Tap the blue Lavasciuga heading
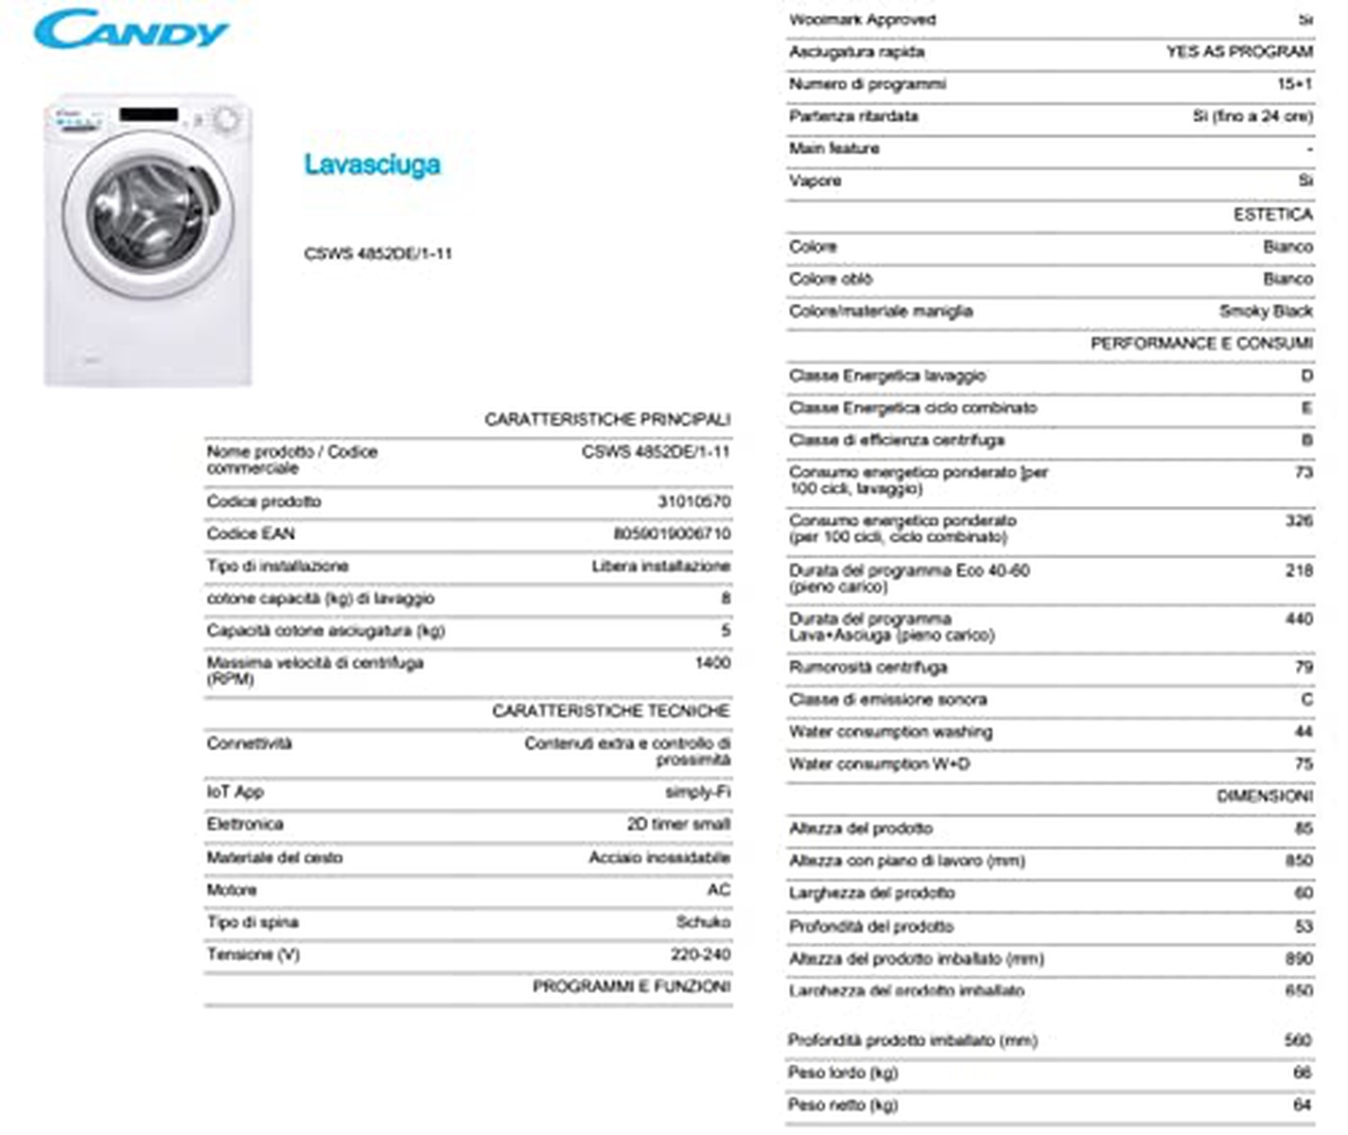[x=372, y=165]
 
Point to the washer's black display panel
[x=149, y=114]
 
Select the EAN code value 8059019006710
[x=672, y=533]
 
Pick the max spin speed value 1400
[x=712, y=662]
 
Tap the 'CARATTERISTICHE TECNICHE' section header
[x=610, y=710]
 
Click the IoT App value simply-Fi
[x=697, y=792]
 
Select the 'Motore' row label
[x=232, y=890]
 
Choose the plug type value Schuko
[x=703, y=921]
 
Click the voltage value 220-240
[x=700, y=954]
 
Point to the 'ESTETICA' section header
[x=1272, y=215]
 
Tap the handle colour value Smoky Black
[x=1266, y=311]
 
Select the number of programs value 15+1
[x=1294, y=84]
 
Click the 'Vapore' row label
[x=814, y=181]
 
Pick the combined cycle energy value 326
[x=1299, y=520]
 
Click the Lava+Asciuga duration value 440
[x=1299, y=619]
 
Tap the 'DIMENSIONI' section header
[x=1264, y=796]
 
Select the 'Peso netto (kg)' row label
[x=843, y=1105]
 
